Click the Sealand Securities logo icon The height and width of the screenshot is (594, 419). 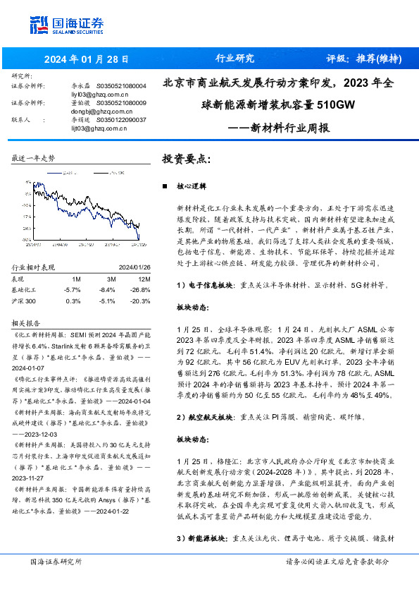38,25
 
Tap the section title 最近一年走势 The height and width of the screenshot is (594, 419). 34,159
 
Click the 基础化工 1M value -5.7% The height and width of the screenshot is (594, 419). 72,289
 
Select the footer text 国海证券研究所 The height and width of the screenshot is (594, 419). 56,562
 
